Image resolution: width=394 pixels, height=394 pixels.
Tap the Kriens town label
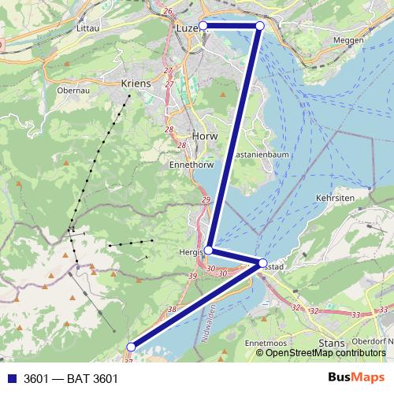pos(136,83)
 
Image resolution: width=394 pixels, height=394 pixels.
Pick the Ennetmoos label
pos(264,344)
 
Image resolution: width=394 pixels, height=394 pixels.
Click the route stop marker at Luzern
pos(203,26)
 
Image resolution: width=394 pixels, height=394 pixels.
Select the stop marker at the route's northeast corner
pos(259,26)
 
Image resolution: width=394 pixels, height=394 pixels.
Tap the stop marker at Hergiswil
pos(208,251)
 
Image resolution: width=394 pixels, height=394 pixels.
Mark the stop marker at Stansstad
pos(262,262)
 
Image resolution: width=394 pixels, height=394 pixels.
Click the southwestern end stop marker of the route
pos(131,347)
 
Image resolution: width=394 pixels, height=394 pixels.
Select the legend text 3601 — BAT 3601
pos(71,379)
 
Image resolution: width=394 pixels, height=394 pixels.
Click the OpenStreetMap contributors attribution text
pos(325,353)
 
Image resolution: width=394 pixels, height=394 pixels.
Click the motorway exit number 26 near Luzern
pos(168,11)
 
